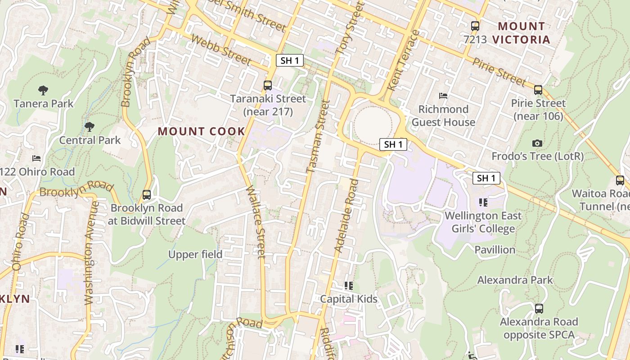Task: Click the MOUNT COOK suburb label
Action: pos(202,131)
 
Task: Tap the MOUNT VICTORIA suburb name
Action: pos(521,33)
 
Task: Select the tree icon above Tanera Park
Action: pos(43,90)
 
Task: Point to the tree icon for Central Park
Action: pos(90,127)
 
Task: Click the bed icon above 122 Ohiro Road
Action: pos(36,158)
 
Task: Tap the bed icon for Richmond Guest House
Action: pos(443,96)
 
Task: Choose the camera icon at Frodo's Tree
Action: pos(537,144)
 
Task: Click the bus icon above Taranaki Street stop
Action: pos(268,85)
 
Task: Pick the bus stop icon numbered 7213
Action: pos(475,26)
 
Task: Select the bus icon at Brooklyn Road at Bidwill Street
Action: pos(147,195)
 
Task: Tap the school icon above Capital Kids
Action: pos(348,286)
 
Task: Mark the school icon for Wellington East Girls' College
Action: pos(483,202)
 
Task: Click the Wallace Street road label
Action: pos(255,223)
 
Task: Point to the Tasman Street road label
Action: pos(318,136)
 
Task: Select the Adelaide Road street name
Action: pos(346,216)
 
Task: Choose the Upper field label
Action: pos(195,255)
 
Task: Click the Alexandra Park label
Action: pos(515,280)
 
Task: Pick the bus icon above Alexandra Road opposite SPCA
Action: pos(539,309)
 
